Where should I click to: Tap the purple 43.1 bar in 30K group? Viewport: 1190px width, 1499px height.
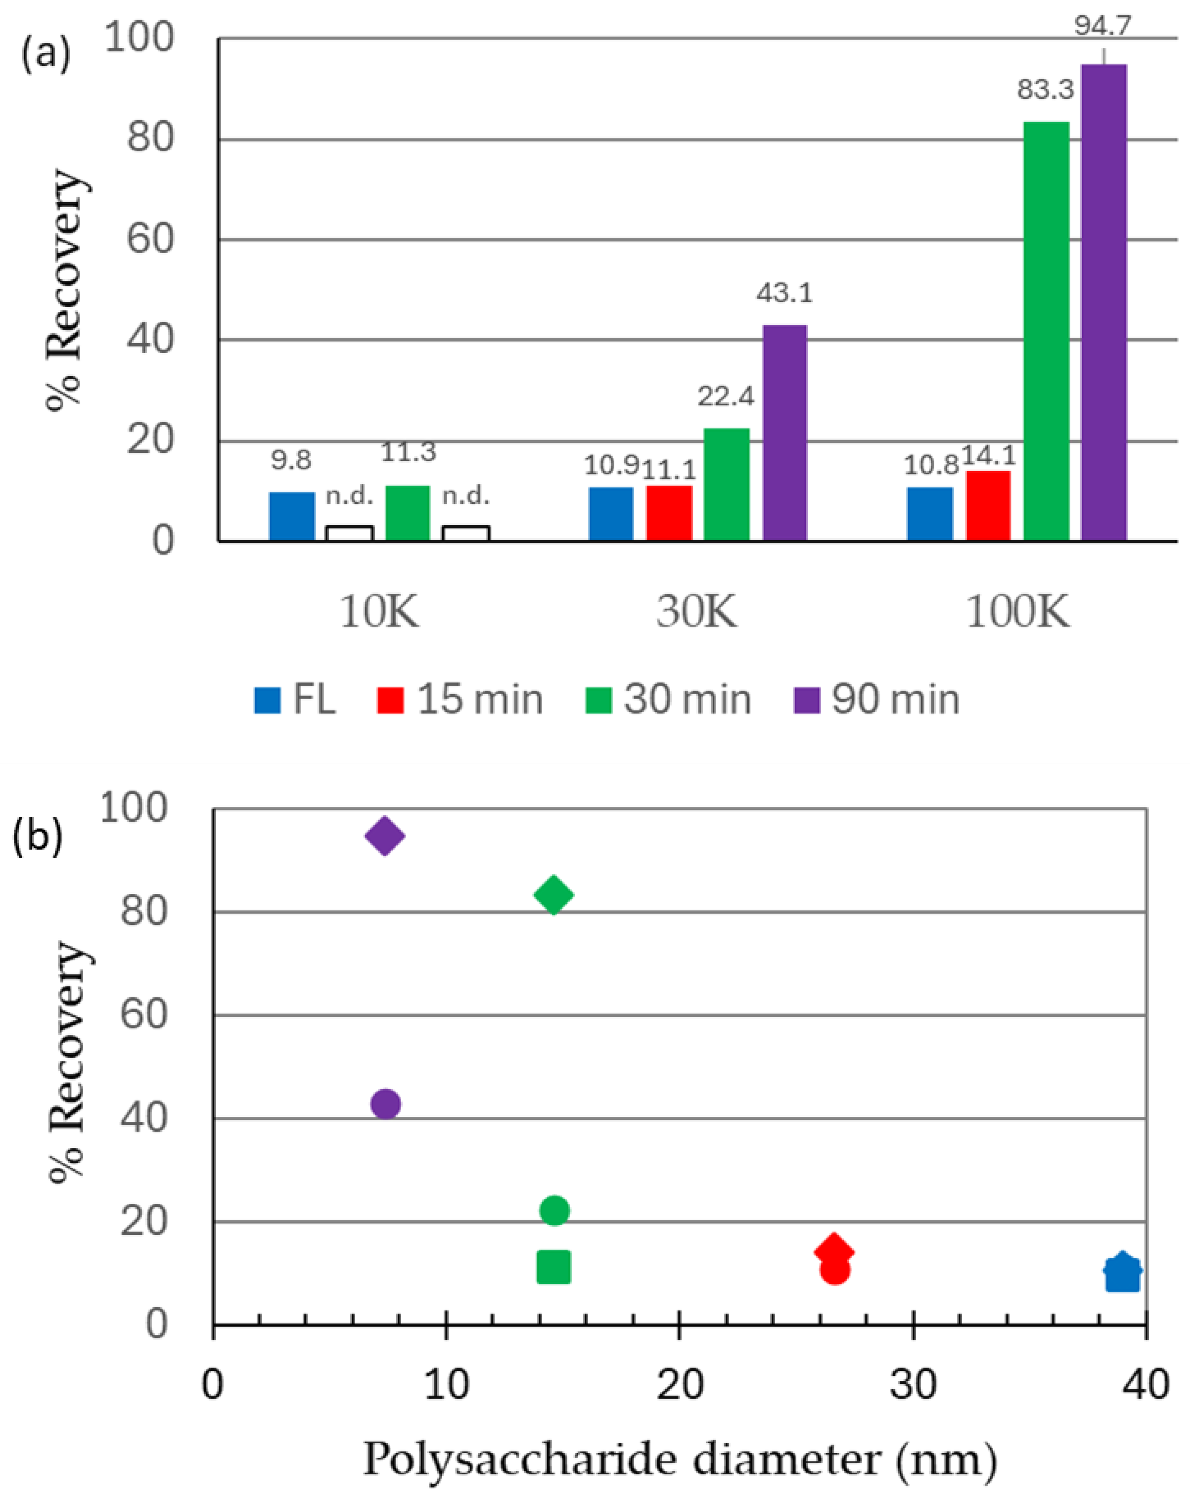(x=784, y=433)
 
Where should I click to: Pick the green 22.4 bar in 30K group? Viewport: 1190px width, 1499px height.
(x=726, y=485)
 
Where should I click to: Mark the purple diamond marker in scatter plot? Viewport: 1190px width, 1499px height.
(x=385, y=835)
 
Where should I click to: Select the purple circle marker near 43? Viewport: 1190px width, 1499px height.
(x=386, y=1103)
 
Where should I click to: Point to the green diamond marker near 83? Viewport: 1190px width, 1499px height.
(x=553, y=894)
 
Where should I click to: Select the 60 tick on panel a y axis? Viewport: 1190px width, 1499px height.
(x=149, y=239)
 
